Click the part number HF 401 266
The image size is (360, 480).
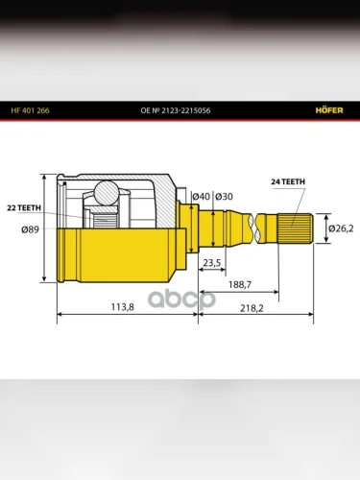coord(30,110)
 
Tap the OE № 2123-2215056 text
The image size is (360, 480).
coord(176,110)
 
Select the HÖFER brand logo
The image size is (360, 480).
coord(329,110)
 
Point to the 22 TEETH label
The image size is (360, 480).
coord(24,208)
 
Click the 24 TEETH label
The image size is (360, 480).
coord(288,181)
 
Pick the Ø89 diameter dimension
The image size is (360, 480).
coord(30,229)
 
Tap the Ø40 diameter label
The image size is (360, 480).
coord(201,196)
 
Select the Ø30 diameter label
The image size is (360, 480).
coord(224,196)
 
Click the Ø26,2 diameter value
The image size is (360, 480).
coord(341,228)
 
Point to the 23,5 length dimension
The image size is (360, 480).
coord(212,263)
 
